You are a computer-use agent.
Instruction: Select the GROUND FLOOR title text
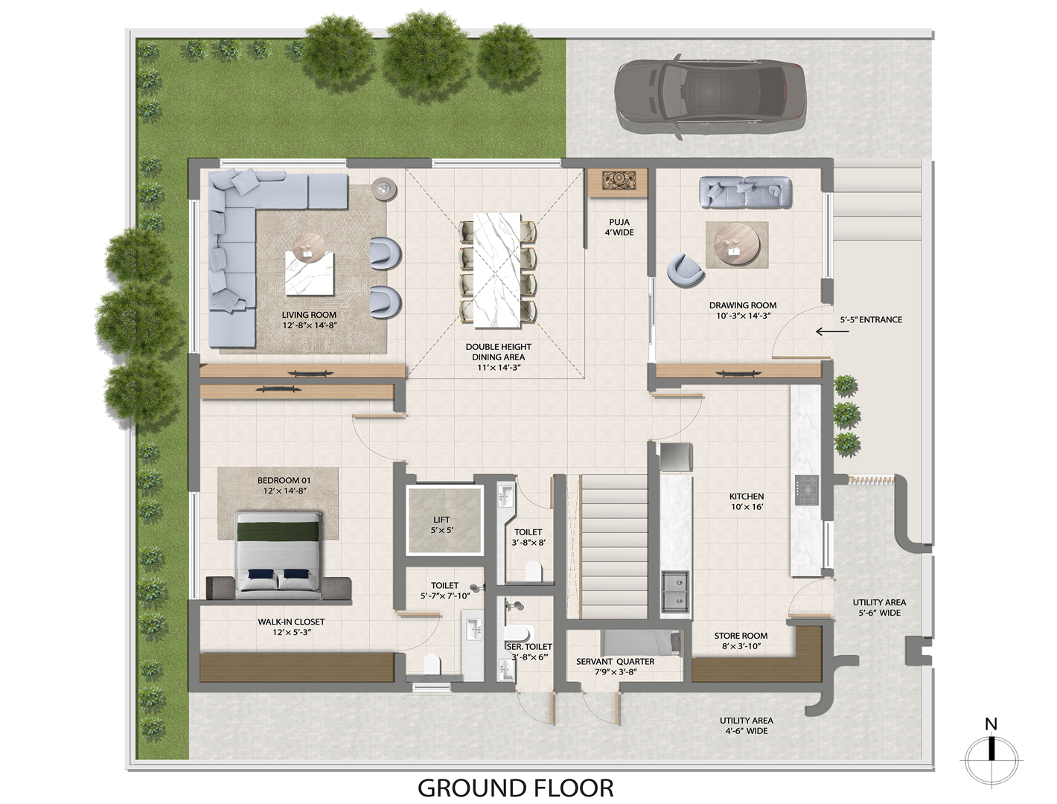pos(515,788)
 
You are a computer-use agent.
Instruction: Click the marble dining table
pos(497,270)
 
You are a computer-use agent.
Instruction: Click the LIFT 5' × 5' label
pos(441,525)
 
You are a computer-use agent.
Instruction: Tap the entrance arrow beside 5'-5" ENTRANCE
pos(832,331)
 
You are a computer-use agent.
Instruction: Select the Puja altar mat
pos(619,182)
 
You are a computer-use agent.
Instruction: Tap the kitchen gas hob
pos(807,490)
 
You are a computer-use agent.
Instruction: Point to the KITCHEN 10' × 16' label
pos(747,501)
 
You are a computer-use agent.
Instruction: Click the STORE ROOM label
pos(741,636)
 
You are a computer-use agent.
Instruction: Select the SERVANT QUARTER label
pos(615,662)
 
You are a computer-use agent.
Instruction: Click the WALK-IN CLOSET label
pos(291,622)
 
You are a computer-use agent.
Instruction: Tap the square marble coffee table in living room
pos(309,273)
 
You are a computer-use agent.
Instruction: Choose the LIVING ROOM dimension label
pos(309,325)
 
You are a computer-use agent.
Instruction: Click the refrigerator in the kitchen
pos(676,456)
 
